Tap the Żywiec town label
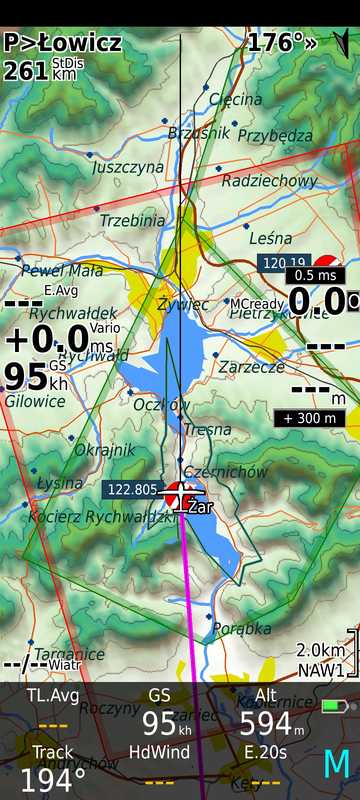tap(184, 303)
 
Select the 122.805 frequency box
tap(131, 489)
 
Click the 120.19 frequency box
tap(281, 263)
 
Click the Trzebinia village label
tap(132, 220)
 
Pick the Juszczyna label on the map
tap(128, 168)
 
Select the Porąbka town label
tap(242, 628)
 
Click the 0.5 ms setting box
tap(315, 274)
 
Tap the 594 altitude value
tap(265, 723)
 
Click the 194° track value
tap(46, 780)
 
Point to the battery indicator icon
tap(334, 706)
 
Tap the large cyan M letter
tap(336, 764)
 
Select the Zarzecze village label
tap(251, 367)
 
